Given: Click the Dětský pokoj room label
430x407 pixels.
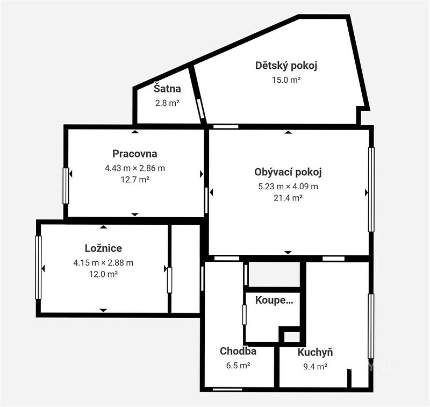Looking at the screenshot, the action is (x=286, y=66).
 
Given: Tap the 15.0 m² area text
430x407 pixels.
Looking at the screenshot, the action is (x=286, y=80).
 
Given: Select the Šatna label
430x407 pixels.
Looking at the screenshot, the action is (x=167, y=89).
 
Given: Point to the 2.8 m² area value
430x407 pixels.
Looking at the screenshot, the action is (x=167, y=103).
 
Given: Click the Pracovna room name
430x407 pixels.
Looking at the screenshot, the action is (x=135, y=154).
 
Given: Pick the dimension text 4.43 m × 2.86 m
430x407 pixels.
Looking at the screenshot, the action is (x=135, y=168).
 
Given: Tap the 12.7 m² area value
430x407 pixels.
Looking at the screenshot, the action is (x=135, y=180).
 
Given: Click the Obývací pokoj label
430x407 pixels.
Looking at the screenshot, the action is (x=288, y=172).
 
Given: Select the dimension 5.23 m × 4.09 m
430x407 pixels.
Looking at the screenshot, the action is (x=288, y=187).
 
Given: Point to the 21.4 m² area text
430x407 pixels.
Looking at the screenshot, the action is (x=288, y=198).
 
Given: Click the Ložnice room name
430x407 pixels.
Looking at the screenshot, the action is (x=103, y=248).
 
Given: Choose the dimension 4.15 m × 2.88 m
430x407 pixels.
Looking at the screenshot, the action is (x=103, y=263).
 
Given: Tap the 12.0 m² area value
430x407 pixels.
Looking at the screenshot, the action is (x=103, y=274).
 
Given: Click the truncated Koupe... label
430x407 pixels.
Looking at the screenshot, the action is (x=274, y=301).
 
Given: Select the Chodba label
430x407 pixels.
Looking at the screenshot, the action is (x=238, y=351).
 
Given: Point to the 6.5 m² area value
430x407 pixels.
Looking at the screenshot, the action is (x=238, y=366).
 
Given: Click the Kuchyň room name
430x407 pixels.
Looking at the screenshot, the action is (x=316, y=352).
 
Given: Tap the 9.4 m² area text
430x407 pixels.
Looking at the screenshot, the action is (x=316, y=367).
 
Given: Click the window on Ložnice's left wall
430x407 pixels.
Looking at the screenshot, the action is (x=38, y=267).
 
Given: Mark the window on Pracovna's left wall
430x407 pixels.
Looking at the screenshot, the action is (x=66, y=186).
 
